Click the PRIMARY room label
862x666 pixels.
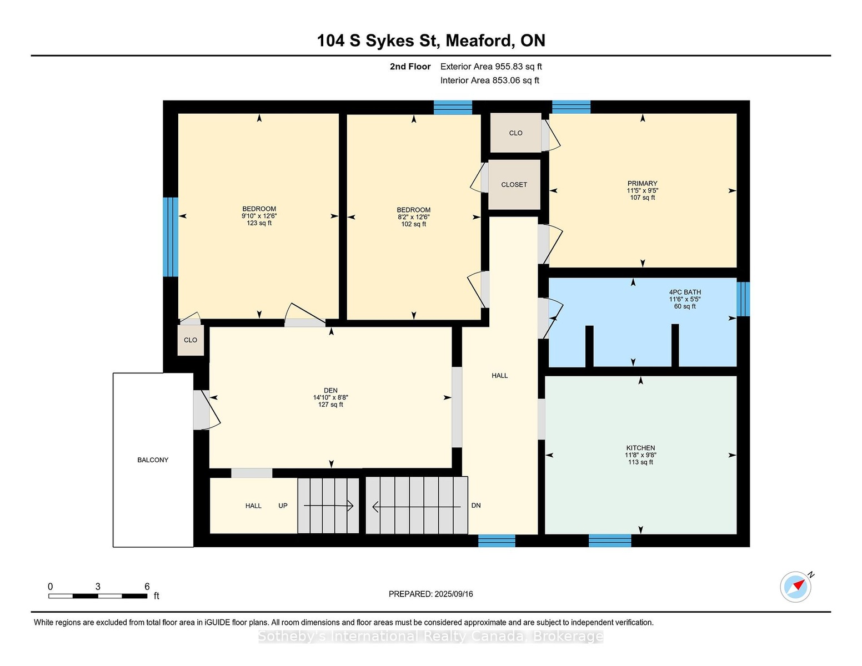click(x=642, y=184)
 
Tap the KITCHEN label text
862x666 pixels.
click(x=640, y=448)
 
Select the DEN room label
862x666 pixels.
click(x=330, y=391)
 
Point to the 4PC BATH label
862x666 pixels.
click(x=685, y=292)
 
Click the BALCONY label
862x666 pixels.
click(x=153, y=460)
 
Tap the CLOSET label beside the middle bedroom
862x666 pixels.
click(x=514, y=185)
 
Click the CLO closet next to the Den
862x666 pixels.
click(x=191, y=340)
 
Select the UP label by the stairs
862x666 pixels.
click(x=283, y=506)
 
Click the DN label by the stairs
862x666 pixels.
click(x=476, y=506)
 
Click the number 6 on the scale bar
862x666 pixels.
click(x=147, y=587)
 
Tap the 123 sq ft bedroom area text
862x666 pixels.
click(x=259, y=223)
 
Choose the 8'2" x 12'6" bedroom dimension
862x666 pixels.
click(x=413, y=217)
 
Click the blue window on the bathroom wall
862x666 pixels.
click(x=743, y=299)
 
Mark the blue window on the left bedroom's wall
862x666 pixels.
click(x=171, y=237)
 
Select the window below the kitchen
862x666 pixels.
click(x=610, y=541)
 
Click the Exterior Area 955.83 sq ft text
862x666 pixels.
click(x=491, y=67)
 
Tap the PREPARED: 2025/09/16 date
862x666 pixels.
click(x=431, y=594)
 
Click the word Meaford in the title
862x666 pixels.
click(x=478, y=41)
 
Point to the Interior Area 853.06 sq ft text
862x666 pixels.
click(x=490, y=80)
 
